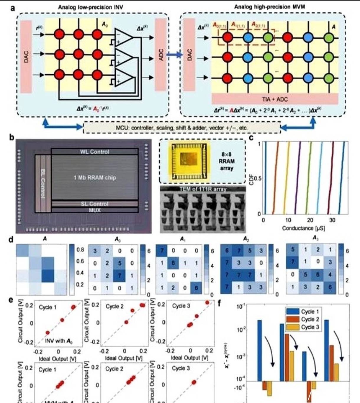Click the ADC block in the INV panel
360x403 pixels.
(161, 55)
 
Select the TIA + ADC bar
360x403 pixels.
(275, 99)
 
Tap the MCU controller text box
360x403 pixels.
(182, 128)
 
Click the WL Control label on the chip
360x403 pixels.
(94, 152)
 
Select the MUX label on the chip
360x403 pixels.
(94, 210)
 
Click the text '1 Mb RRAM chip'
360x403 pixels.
(95, 177)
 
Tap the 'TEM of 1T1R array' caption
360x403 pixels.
(203, 189)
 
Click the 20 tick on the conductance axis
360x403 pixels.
(310, 220)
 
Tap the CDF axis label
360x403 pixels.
(251, 179)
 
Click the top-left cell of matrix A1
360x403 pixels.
(161, 251)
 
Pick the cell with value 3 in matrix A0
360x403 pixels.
(95, 251)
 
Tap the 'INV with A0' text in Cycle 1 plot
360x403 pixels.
(59, 341)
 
